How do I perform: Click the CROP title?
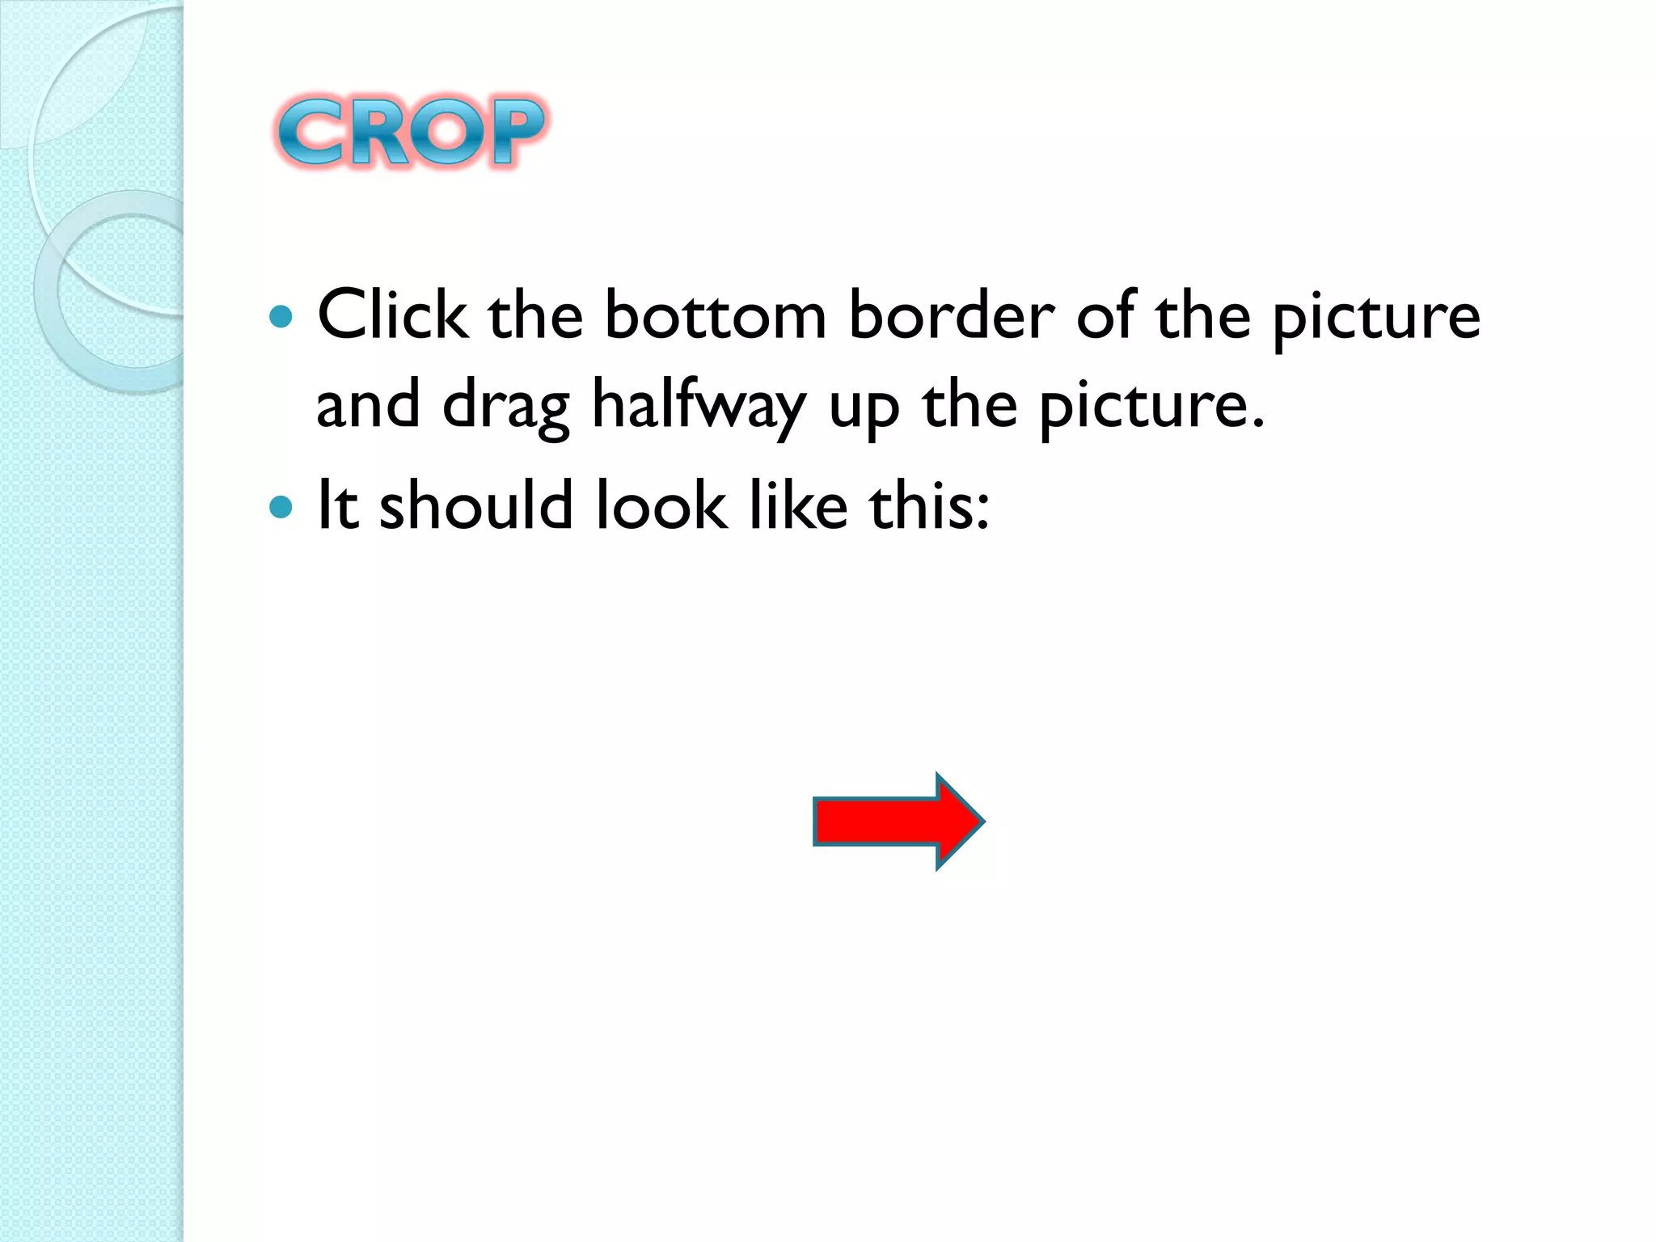[x=412, y=131]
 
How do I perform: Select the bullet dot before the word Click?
[x=281, y=316]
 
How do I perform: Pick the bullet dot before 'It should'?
[x=281, y=507]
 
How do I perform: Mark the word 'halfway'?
[x=699, y=405]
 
